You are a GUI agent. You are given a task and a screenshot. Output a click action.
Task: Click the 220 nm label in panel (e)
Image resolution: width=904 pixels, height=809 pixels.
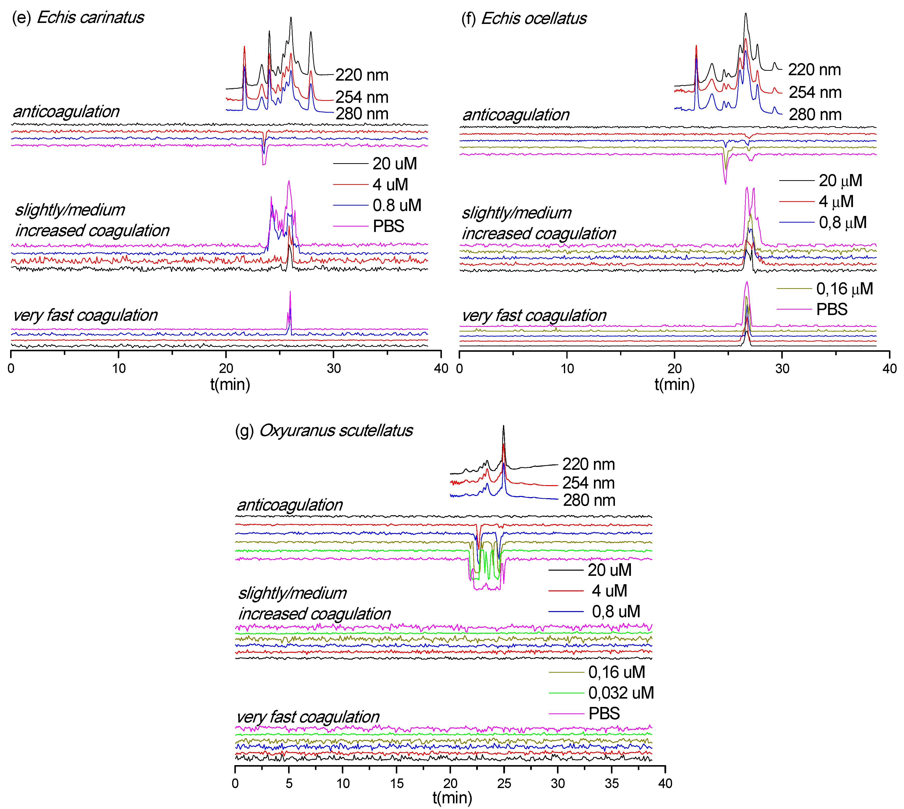click(362, 75)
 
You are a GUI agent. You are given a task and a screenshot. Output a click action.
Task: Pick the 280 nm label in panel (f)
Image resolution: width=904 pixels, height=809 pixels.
click(815, 115)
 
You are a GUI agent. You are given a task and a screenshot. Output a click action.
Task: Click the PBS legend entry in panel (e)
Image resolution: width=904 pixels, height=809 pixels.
click(388, 226)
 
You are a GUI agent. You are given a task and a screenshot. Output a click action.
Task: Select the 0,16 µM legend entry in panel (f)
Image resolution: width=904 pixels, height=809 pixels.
click(844, 289)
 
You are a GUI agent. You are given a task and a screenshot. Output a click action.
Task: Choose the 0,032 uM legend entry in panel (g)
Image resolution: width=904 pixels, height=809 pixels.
click(620, 693)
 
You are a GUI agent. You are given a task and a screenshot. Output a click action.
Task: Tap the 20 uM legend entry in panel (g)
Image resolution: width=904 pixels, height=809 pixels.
click(609, 570)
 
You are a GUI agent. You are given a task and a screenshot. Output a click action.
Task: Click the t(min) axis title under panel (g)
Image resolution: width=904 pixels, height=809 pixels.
click(452, 798)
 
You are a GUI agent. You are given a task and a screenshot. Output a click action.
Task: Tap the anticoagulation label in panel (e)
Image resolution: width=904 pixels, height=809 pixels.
click(66, 112)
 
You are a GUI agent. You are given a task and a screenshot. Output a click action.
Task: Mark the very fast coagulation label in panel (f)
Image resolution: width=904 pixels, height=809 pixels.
click(534, 316)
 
